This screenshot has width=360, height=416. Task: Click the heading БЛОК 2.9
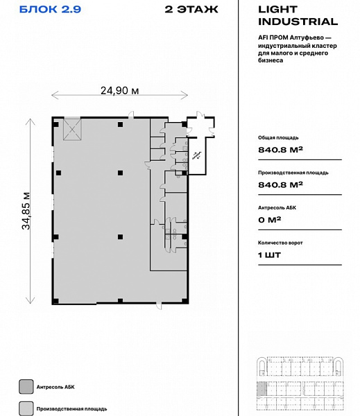[x=50, y=9]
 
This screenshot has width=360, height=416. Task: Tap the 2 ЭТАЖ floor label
[x=191, y=9]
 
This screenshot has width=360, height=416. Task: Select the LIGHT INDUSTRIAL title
[x=298, y=15]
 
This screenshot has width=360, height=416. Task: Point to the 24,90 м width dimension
[x=119, y=91]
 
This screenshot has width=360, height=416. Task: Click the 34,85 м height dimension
[x=26, y=211]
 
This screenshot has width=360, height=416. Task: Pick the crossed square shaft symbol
[x=72, y=130]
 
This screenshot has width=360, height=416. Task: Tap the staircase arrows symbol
[x=197, y=155]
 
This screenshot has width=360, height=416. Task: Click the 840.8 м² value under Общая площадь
[x=280, y=150]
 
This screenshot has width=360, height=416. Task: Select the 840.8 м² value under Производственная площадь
[x=280, y=184]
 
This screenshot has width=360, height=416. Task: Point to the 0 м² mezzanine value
[x=269, y=220]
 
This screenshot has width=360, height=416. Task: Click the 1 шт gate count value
[x=269, y=255]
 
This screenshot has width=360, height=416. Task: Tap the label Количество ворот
[x=280, y=243]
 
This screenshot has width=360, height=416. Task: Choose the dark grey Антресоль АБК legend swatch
[x=26, y=387]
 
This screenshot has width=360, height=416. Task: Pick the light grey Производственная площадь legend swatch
[x=26, y=408]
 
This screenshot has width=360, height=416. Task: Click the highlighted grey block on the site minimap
[x=262, y=390]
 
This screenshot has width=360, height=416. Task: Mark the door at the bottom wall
[x=159, y=306]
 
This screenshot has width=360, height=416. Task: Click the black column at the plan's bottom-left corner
[x=55, y=301]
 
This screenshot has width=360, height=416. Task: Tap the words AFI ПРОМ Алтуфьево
[x=291, y=37]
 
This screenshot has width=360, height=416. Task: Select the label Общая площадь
[x=278, y=138]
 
